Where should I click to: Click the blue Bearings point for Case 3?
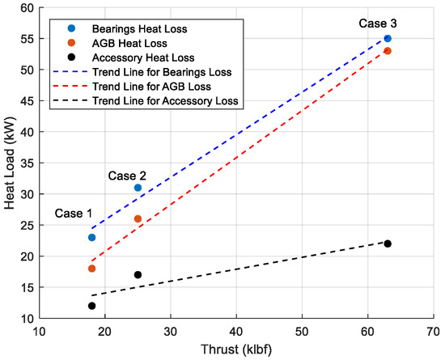[x=388, y=39]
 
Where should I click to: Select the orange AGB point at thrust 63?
[x=388, y=51]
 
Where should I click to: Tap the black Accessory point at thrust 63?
[x=388, y=244]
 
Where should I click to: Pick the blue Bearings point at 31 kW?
[x=138, y=188]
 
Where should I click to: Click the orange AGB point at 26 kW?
[x=138, y=218]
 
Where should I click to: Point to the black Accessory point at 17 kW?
[x=138, y=274]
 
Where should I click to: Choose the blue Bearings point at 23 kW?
[x=91, y=238]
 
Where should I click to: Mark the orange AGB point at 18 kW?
[x=91, y=269]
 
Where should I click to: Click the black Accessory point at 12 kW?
[x=91, y=306]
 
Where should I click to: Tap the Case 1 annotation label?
[x=74, y=214]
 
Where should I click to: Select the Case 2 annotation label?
[x=127, y=176]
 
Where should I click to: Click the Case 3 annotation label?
[x=378, y=23]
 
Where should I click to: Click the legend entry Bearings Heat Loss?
[x=140, y=29]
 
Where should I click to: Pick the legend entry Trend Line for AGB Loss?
[x=152, y=87]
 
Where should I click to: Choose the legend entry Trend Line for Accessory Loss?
[x=165, y=101]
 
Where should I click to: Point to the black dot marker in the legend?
[x=72, y=57]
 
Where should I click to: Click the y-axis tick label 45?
[x=28, y=101]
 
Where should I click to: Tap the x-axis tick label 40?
[x=236, y=332]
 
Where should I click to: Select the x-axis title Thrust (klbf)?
[x=236, y=349]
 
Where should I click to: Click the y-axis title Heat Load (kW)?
[x=10, y=163]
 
